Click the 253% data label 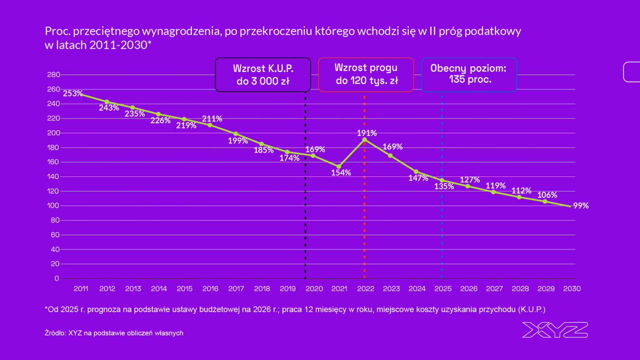[73, 93]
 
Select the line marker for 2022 [364, 140]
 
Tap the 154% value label [341, 172]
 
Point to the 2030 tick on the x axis [572, 288]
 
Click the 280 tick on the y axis [53, 75]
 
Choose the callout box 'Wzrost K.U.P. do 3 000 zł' [263, 75]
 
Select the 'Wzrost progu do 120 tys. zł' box [366, 74]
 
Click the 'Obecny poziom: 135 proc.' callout [468, 74]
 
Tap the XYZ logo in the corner [555, 330]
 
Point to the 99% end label [581, 206]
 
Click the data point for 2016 [210, 125]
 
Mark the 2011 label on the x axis [81, 288]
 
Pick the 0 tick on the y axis [57, 279]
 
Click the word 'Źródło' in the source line [55, 333]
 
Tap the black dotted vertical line [305, 187]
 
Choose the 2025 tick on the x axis [443, 288]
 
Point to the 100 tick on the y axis [53, 206]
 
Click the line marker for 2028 [519, 197]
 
